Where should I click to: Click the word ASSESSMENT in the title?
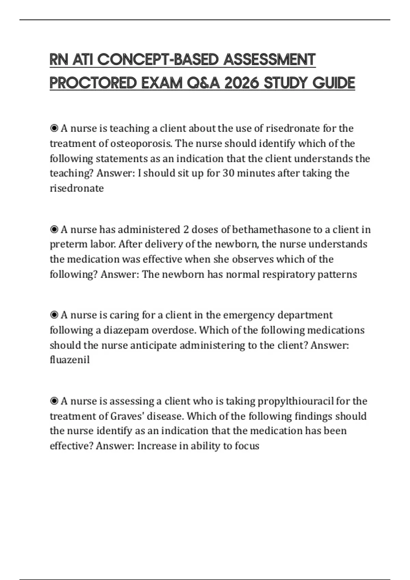tap(270, 60)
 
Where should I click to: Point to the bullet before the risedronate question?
tap(54, 128)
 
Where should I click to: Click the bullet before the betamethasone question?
tap(54, 229)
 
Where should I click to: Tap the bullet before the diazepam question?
tap(54, 315)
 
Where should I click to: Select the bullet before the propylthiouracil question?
tap(54, 401)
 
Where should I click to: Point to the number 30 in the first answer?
tap(228, 173)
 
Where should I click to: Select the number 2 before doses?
tap(186, 229)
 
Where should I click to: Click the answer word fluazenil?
tap(70, 360)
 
